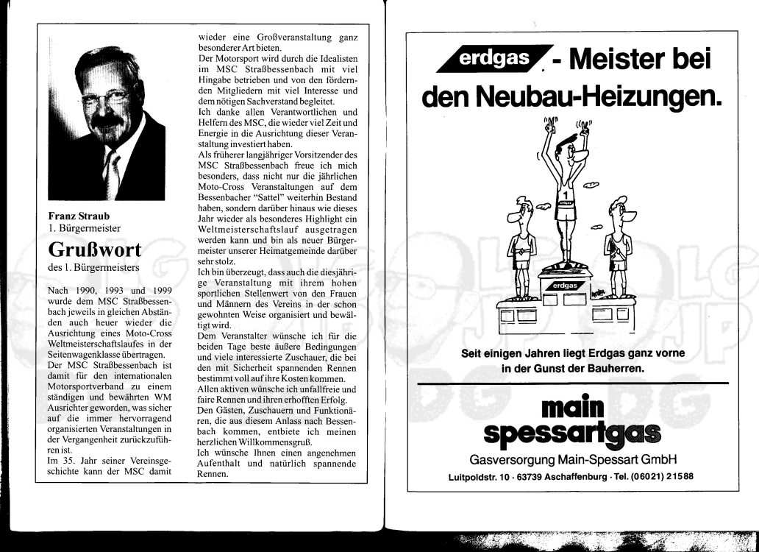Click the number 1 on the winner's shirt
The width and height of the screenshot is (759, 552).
coord(564,195)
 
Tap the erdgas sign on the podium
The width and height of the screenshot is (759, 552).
coord(564,285)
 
